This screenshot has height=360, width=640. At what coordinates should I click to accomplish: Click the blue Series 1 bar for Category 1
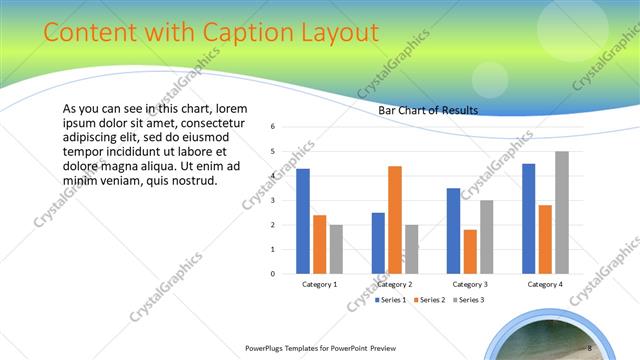point(303,221)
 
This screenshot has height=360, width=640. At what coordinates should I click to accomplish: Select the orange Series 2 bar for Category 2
point(394,219)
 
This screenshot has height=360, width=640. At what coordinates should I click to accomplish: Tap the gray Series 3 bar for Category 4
point(561,212)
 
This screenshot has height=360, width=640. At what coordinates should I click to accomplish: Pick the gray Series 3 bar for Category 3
point(486,236)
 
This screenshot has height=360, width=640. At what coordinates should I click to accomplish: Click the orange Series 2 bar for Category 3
point(470,251)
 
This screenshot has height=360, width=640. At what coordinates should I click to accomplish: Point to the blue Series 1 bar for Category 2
point(378,242)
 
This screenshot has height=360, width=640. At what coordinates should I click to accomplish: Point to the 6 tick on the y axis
point(273,127)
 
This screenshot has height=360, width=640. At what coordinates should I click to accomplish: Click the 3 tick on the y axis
point(273,200)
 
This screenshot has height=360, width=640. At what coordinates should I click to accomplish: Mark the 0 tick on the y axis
point(273,273)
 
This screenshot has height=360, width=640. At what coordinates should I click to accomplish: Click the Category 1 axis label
point(319,284)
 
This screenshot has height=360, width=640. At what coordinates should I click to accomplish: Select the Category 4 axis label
point(544,284)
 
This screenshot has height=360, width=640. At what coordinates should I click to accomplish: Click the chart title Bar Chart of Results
point(428,110)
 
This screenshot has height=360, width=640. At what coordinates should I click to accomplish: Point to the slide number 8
point(590,347)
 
